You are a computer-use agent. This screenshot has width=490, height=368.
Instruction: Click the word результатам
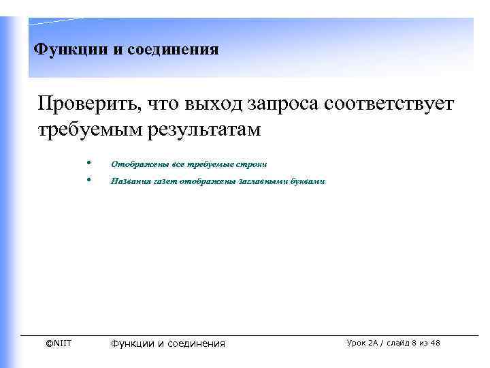click(x=204, y=129)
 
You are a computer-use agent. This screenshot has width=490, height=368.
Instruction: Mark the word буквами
click(x=310, y=182)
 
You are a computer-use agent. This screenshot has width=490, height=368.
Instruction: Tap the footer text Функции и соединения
click(x=167, y=343)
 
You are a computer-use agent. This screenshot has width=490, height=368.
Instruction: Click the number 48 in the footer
click(x=436, y=343)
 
